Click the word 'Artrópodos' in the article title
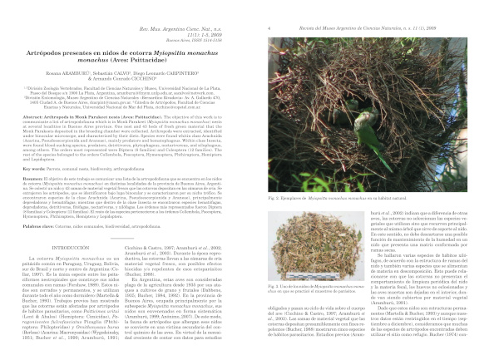49,52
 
